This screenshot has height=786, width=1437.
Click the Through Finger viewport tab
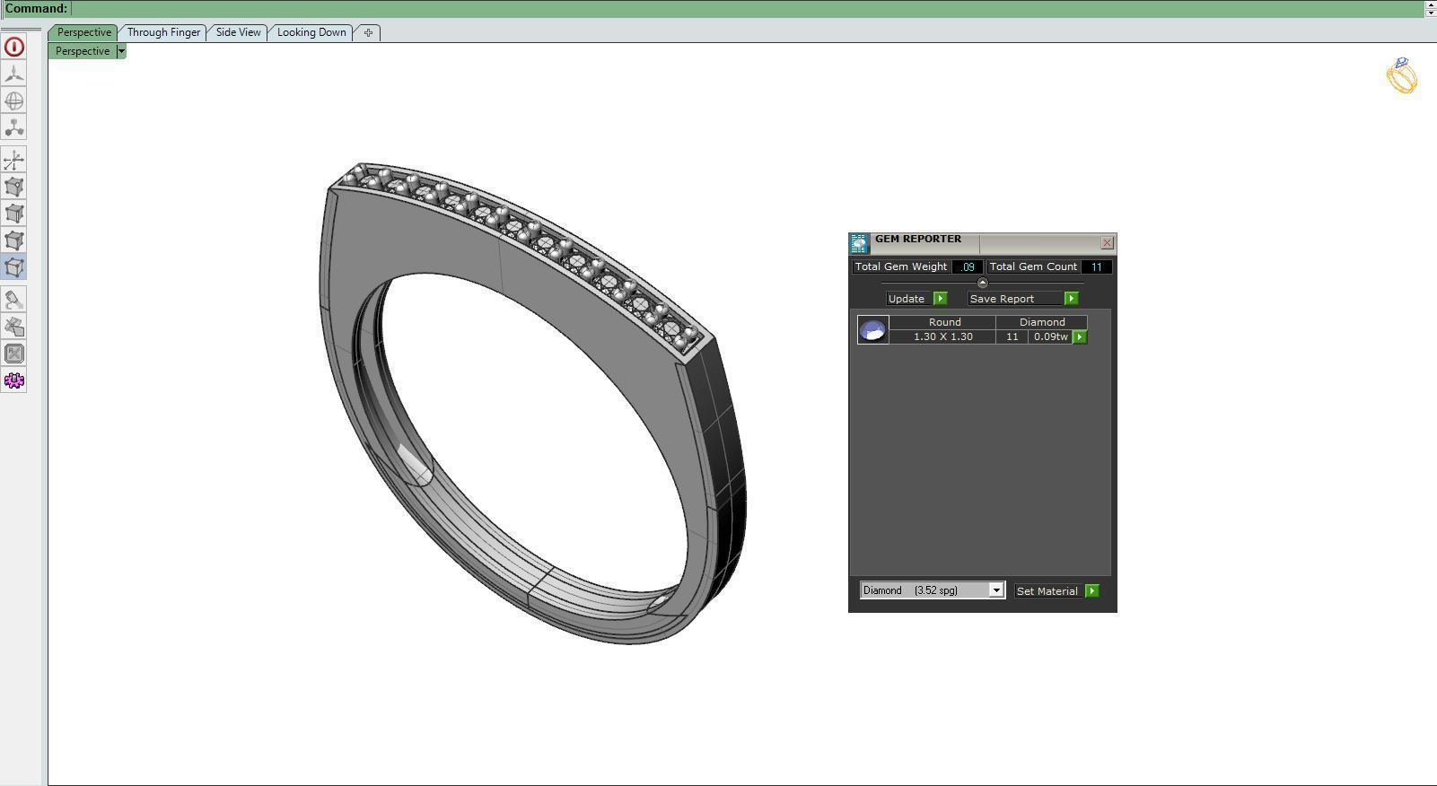tap(163, 32)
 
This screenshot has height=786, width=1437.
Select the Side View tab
tap(238, 32)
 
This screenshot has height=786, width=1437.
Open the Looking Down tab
tap(311, 32)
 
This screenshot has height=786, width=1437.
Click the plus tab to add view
tap(368, 32)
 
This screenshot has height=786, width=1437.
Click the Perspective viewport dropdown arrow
tap(121, 51)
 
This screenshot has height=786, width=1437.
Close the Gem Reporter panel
tap(1107, 243)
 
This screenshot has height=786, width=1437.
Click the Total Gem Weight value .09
tap(968, 266)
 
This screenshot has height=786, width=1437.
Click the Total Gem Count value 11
tap(1096, 266)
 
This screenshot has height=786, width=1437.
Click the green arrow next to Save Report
tap(1071, 299)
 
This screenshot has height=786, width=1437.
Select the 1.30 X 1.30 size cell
tap(942, 336)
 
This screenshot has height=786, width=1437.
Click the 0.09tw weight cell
tap(1050, 336)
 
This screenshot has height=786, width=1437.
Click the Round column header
tap(944, 322)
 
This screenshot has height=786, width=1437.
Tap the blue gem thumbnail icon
tap(872, 330)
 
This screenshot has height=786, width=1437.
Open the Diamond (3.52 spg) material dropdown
tap(995, 590)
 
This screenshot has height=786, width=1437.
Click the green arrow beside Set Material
tap(1091, 591)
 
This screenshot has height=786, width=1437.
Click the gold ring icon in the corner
tap(1401, 75)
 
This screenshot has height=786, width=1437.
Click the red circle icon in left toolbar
tap(14, 47)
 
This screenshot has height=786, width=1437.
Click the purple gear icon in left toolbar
tap(14, 380)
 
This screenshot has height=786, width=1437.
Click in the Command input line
tap(718, 8)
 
